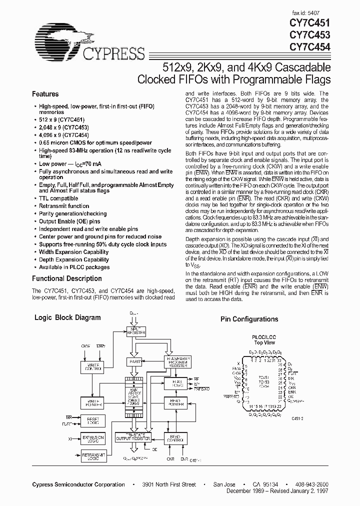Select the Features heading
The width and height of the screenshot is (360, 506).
pos(45,94)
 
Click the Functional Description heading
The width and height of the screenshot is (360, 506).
pos(66,278)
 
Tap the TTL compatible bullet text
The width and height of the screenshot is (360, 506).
pos(58,198)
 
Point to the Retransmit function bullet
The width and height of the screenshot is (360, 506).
pos(64,206)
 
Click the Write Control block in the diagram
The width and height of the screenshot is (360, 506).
pos(93,367)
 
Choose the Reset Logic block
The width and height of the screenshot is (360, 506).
pos(93,420)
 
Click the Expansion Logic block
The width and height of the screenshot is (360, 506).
pos(93,438)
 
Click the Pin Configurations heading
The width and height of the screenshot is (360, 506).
pos(249,319)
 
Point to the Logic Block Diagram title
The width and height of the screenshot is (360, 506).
pos(67,317)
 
